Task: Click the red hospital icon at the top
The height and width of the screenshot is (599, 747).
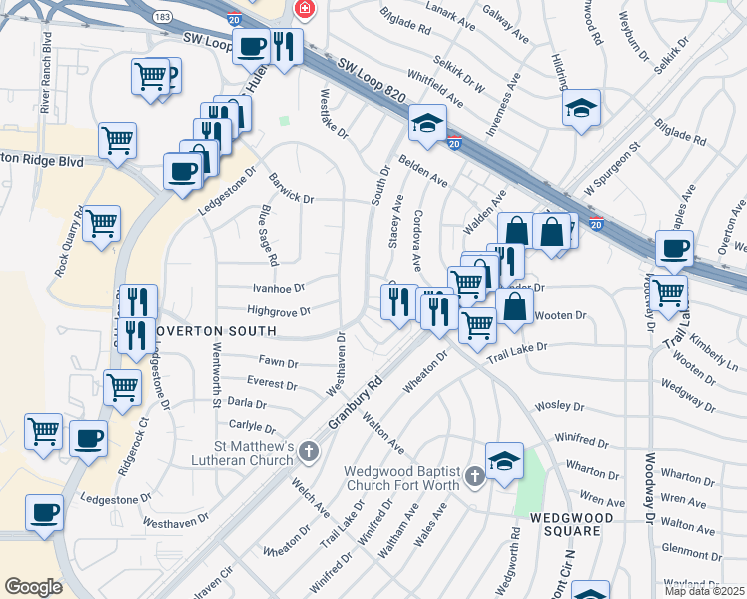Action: tap(304, 11)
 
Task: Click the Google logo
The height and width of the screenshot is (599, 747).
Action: tap(33, 586)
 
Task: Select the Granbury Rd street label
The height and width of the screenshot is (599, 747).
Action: tap(361, 398)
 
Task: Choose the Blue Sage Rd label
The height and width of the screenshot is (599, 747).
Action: tap(268, 228)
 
